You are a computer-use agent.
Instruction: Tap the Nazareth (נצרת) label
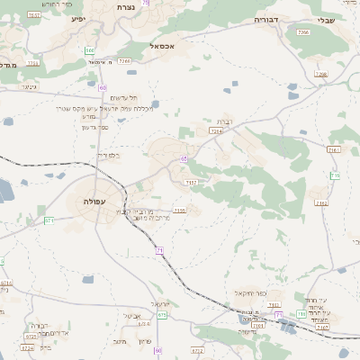[125, 6]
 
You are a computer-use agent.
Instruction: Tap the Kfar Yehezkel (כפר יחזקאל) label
[267, 294]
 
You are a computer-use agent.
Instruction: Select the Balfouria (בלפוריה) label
[107, 155]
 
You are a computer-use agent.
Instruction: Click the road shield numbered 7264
[215, 131]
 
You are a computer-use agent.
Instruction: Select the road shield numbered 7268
[124, 61]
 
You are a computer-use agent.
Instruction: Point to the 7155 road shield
[180, 211]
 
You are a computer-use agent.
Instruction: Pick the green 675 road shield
[162, 315]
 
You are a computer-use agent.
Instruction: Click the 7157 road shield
[191, 183]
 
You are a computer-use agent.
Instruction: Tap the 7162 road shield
[321, 203]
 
